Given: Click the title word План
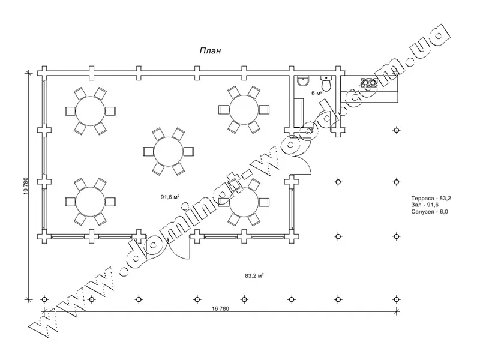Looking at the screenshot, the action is (x=210, y=51).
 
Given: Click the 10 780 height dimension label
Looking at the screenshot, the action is (x=25, y=186).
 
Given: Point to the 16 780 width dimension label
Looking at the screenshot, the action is (x=220, y=308).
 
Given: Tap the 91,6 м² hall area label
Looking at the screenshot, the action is (x=170, y=197).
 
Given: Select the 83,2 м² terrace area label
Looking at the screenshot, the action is (x=254, y=275).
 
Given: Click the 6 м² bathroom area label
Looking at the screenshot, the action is (x=317, y=93).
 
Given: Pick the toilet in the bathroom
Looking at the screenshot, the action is (x=326, y=83).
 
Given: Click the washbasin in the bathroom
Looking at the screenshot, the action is (x=303, y=81).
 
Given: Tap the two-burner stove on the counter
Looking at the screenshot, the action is (x=370, y=82).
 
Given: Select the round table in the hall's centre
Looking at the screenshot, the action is (x=169, y=152).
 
